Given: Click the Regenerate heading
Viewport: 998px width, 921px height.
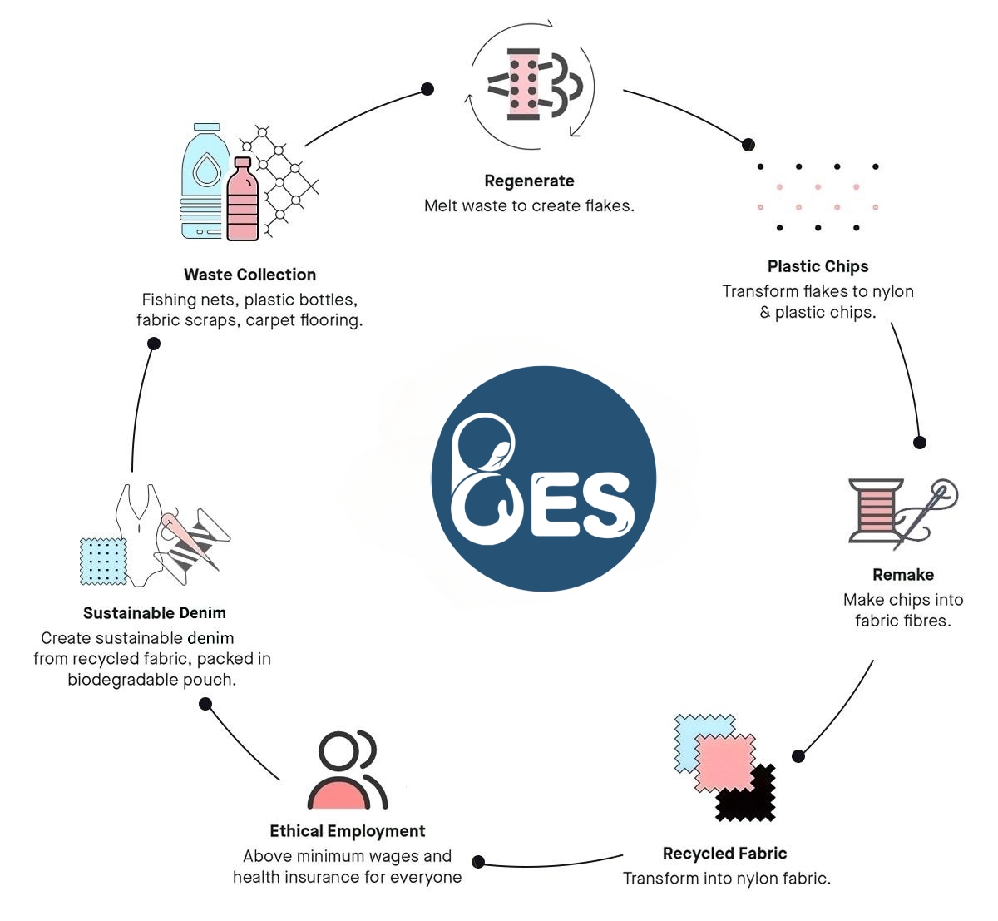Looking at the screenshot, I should (x=529, y=181).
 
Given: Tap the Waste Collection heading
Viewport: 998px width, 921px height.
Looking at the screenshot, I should (x=249, y=275).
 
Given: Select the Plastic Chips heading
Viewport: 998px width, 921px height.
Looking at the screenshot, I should (x=818, y=266).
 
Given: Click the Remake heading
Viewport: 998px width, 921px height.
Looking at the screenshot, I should (x=903, y=575).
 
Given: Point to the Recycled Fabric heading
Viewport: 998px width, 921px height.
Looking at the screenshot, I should (x=724, y=854).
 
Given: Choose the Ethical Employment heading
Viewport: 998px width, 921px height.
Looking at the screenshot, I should (x=347, y=831).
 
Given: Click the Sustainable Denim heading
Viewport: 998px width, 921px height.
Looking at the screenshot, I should (x=155, y=613).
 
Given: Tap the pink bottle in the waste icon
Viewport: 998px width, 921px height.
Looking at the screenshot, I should (x=243, y=201).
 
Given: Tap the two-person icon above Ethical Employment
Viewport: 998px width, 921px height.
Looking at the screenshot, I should (x=347, y=770).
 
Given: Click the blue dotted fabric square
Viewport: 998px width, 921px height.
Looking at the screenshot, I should (x=102, y=561).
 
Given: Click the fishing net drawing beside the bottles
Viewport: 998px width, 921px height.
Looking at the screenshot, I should (x=283, y=179).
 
